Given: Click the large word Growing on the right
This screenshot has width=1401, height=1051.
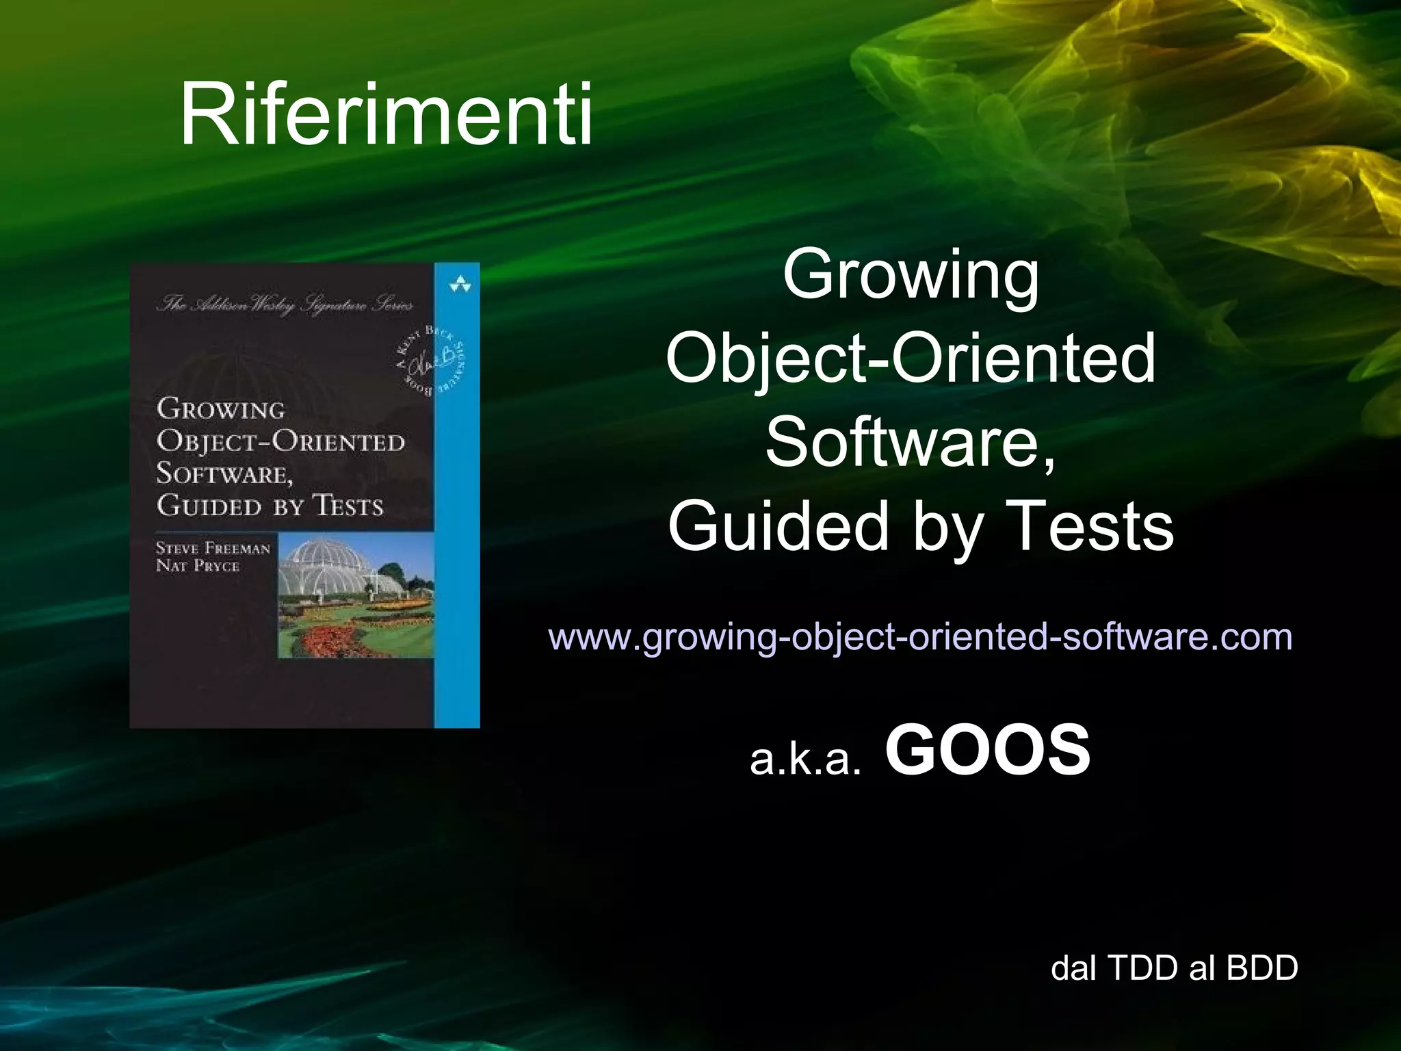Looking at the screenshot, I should (x=911, y=275).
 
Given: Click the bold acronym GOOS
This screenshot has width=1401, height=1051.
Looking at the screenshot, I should (x=987, y=751).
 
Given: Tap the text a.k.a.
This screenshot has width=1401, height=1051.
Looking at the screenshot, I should (x=804, y=760).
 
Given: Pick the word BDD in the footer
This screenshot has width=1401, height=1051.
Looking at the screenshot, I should (x=1262, y=968).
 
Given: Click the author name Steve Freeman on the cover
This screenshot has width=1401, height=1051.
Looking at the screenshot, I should (x=213, y=548).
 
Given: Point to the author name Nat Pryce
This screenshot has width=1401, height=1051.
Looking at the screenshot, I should (x=198, y=566).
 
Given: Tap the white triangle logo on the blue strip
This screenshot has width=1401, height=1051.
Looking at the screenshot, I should (x=460, y=285).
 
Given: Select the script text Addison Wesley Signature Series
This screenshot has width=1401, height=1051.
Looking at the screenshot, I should (x=285, y=304).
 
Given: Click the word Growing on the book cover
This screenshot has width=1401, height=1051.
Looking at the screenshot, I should (x=220, y=409).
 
